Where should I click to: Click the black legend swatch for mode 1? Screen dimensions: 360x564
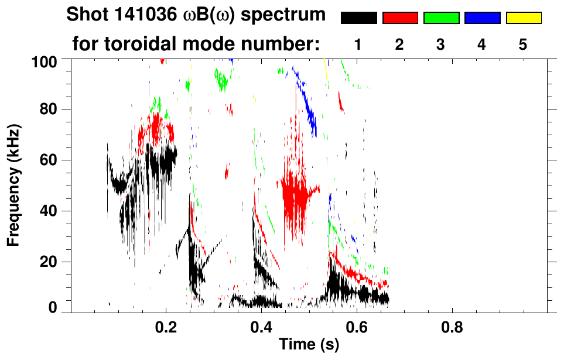(x=359, y=18)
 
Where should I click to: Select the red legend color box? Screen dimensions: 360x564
(x=400, y=18)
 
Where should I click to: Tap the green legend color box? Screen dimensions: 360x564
(x=441, y=18)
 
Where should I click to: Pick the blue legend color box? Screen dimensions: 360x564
(x=482, y=18)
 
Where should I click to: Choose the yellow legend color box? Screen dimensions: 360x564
(x=523, y=18)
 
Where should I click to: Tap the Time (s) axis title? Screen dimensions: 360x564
(x=309, y=345)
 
